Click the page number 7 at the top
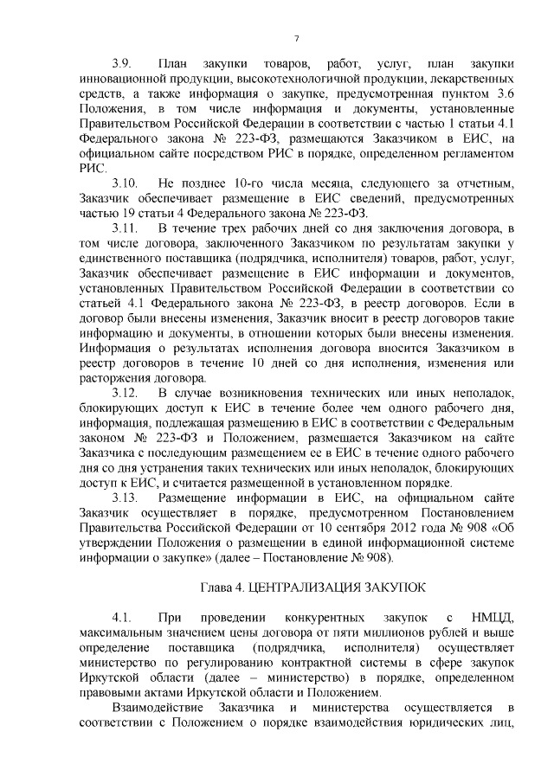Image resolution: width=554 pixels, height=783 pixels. (296, 39)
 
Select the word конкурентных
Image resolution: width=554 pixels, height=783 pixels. (320, 617)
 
